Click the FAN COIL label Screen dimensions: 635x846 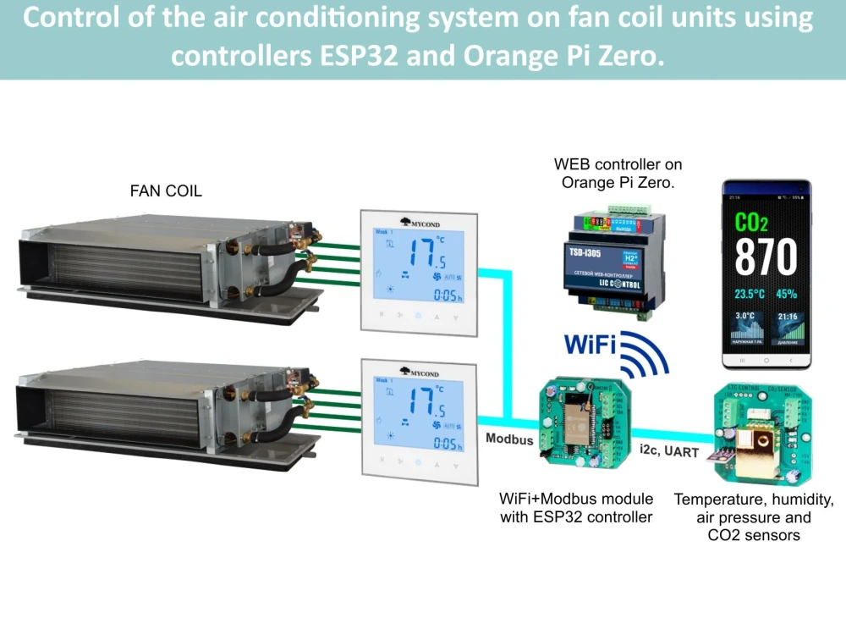[x=166, y=191]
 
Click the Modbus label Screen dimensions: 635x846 [x=509, y=439]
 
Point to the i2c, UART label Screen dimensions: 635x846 [x=670, y=452]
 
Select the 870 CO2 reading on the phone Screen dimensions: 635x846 [x=765, y=257]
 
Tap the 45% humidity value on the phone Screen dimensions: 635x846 [x=786, y=295]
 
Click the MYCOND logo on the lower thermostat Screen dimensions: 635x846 [x=420, y=373]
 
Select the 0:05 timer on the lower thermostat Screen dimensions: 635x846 [x=446, y=444]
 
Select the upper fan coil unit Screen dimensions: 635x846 [x=169, y=262]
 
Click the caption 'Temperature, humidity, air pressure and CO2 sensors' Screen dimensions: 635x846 [x=754, y=517]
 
